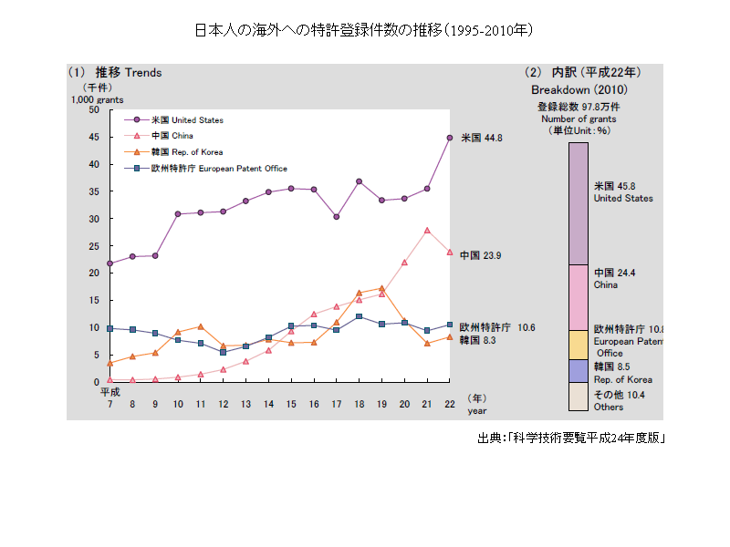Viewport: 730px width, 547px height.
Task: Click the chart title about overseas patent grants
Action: coord(364,30)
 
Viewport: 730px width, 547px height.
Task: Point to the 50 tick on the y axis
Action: coord(94,109)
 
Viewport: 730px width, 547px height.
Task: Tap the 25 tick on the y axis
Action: coord(94,246)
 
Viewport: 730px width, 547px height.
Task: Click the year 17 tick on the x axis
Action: coord(337,403)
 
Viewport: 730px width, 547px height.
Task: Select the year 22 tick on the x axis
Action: coord(450,403)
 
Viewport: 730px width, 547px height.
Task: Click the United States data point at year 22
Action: coord(450,138)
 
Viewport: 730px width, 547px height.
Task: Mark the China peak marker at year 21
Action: coord(427,231)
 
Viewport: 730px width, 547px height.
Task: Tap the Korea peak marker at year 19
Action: coord(381,288)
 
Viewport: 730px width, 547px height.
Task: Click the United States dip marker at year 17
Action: coord(337,217)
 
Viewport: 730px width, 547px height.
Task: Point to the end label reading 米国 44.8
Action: coord(481,138)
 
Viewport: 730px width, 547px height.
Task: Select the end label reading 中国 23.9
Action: coord(481,255)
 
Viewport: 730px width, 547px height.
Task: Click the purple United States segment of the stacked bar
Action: coord(579,203)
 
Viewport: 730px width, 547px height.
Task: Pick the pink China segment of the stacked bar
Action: coord(579,297)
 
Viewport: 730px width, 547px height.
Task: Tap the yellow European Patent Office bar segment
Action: coord(579,345)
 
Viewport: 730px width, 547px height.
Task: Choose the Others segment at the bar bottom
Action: coord(579,397)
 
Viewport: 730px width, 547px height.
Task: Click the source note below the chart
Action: coord(571,439)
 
